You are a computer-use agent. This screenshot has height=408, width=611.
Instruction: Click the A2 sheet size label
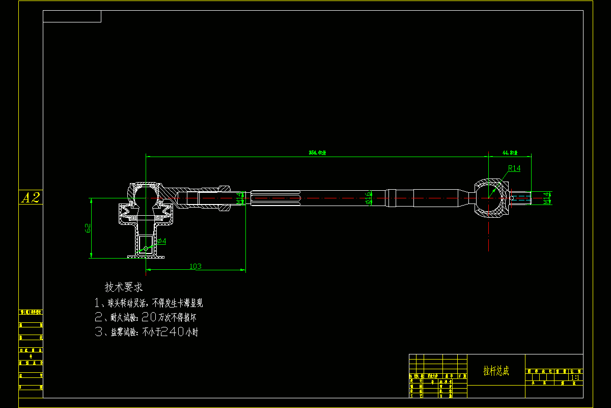31,198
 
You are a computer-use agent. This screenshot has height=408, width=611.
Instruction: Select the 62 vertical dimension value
88,228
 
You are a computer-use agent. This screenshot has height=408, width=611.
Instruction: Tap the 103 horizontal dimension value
196,266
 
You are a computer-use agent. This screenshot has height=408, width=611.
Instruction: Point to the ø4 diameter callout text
161,240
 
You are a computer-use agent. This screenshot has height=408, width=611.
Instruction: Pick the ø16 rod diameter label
370,197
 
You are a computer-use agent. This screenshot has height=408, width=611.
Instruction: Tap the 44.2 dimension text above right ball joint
510,152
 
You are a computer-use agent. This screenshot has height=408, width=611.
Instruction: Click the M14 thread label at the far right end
547,198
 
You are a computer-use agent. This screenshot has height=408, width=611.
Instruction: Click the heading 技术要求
124,287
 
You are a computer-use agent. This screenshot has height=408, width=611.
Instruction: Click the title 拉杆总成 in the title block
496,371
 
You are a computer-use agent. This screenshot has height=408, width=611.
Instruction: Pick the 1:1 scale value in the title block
575,378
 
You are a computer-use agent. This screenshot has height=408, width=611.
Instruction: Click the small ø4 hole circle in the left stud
146,249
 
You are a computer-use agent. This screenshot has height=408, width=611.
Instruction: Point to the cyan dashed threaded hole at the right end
520,197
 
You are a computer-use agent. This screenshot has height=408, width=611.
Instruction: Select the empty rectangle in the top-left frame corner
72,16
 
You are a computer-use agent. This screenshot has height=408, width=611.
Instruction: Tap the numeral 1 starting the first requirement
98,303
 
